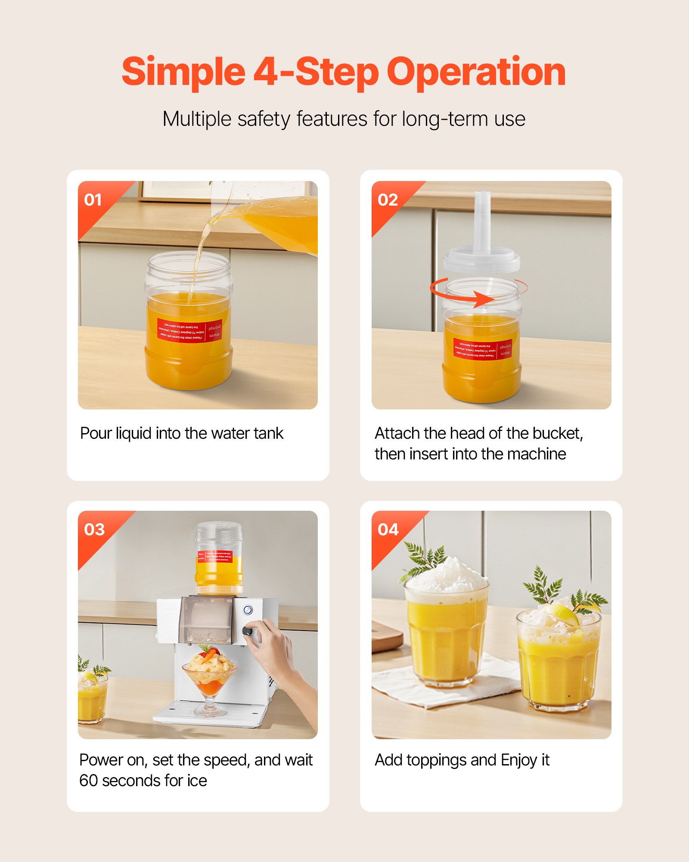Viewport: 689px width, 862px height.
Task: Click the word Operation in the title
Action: (x=476, y=72)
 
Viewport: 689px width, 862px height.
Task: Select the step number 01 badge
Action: (x=93, y=200)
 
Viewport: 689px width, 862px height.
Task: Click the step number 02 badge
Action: (x=388, y=200)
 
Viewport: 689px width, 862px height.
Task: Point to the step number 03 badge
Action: (x=94, y=529)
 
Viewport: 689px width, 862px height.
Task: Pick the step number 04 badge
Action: (x=388, y=529)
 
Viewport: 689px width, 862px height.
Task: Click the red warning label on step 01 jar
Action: (x=189, y=331)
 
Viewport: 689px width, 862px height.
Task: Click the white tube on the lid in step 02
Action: (x=482, y=220)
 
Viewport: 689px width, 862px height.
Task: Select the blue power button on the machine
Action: (x=248, y=610)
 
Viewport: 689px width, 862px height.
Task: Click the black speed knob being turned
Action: (x=247, y=631)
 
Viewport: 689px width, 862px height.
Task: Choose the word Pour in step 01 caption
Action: (x=96, y=434)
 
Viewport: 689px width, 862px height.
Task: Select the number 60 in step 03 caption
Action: (x=89, y=781)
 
